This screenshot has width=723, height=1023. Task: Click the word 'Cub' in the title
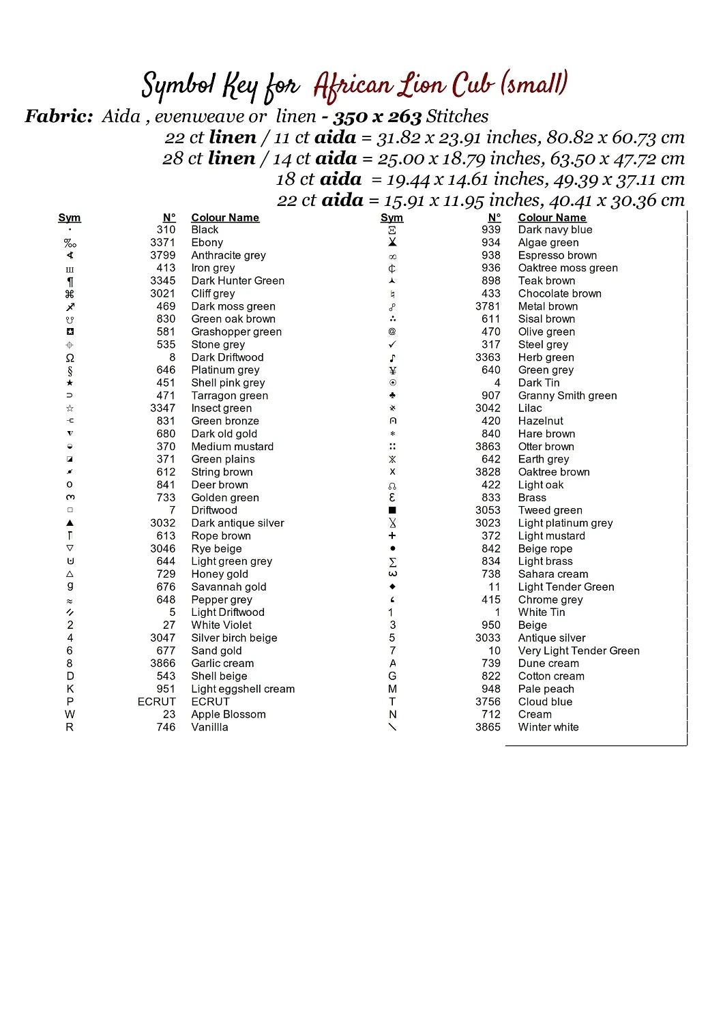pyautogui.click(x=474, y=85)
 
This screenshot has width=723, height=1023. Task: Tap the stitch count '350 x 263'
pyautogui.click(x=377, y=117)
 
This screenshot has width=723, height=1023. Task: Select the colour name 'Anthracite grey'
pyautogui.click(x=228, y=255)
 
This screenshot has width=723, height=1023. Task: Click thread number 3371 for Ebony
pyautogui.click(x=163, y=242)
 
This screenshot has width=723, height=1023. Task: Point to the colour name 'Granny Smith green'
pyautogui.click(x=567, y=396)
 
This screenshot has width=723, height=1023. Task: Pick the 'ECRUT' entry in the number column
pyautogui.click(x=157, y=702)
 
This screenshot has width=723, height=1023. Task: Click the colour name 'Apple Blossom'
pyautogui.click(x=228, y=715)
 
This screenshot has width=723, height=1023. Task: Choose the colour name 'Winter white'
pyautogui.click(x=548, y=727)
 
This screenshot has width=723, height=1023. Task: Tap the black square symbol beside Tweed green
pyautogui.click(x=392, y=510)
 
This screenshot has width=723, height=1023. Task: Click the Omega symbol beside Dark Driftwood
pyautogui.click(x=70, y=357)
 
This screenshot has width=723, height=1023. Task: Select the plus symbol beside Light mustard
pyautogui.click(x=392, y=536)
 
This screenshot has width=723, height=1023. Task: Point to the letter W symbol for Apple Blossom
pyautogui.click(x=70, y=715)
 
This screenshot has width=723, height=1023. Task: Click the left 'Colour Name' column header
pyautogui.click(x=225, y=218)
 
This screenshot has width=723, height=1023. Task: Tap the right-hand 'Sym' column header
pyautogui.click(x=392, y=218)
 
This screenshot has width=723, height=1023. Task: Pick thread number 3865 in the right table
pyautogui.click(x=488, y=727)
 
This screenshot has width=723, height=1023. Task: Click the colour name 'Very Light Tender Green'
pyautogui.click(x=579, y=651)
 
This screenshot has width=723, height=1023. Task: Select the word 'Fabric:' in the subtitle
pyautogui.click(x=59, y=117)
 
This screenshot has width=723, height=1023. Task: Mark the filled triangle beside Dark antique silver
pyautogui.click(x=70, y=523)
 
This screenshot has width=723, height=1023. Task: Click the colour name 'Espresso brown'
pyautogui.click(x=557, y=255)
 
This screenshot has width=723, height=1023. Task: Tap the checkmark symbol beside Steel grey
pyautogui.click(x=392, y=344)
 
